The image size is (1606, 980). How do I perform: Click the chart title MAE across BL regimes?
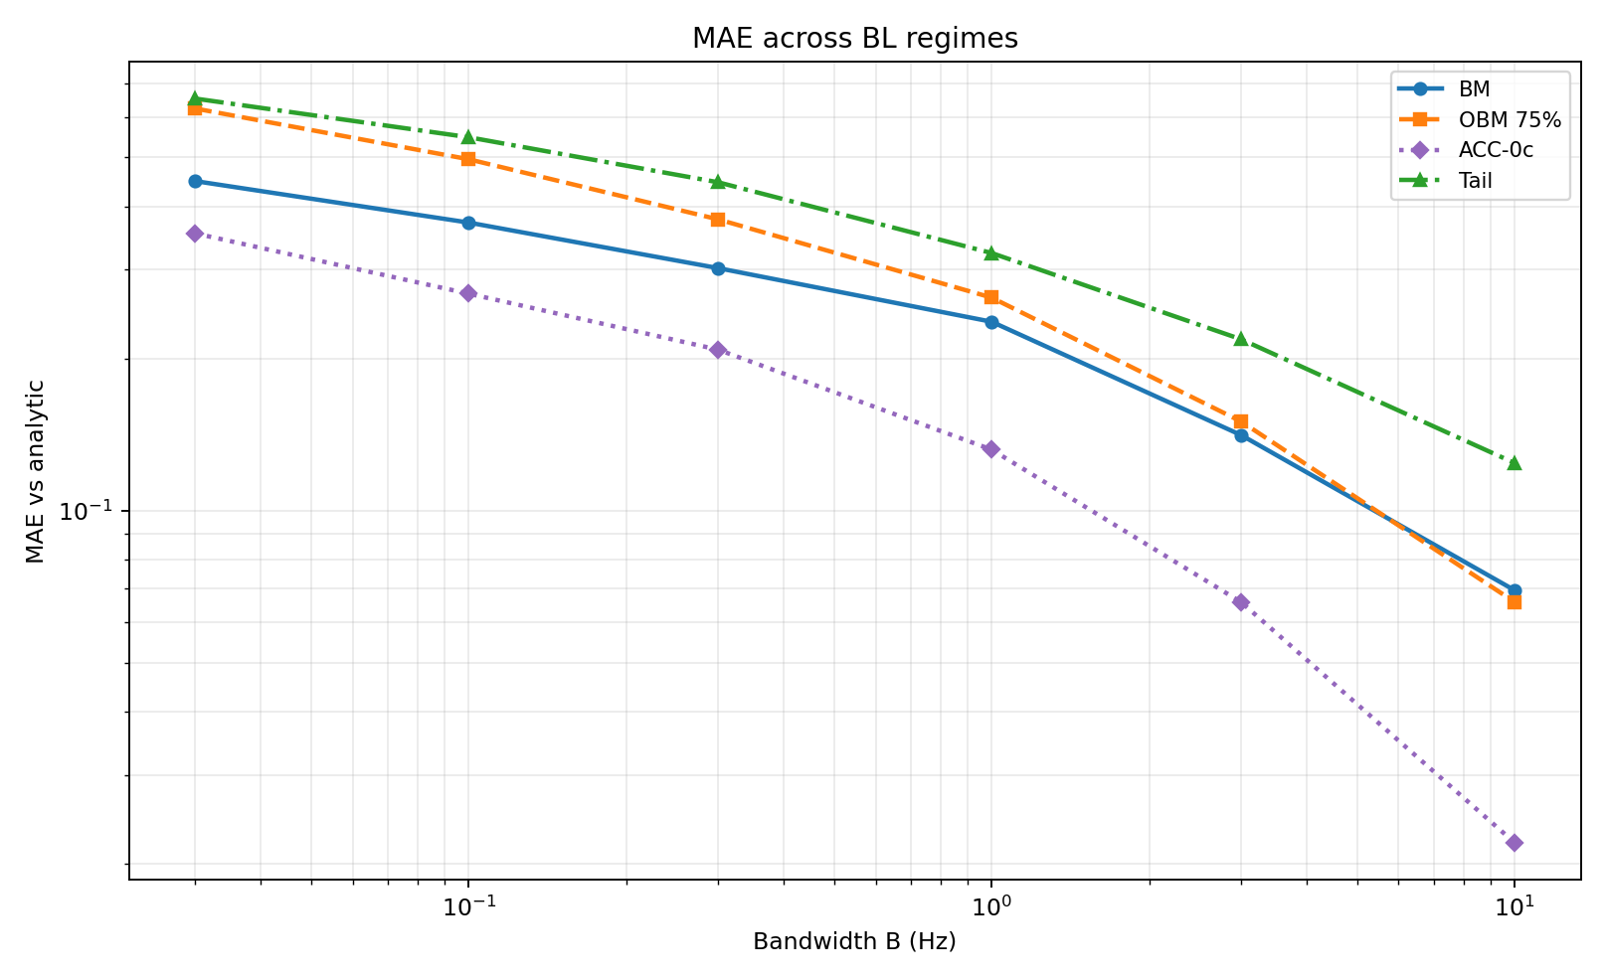(854, 39)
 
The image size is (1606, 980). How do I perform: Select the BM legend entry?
(1474, 88)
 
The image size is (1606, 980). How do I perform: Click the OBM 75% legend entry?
(1510, 119)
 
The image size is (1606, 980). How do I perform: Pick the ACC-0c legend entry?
(1496, 150)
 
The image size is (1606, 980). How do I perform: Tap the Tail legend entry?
(1475, 181)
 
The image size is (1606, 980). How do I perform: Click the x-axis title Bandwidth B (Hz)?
(854, 941)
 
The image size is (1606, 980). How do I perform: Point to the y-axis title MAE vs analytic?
(36, 471)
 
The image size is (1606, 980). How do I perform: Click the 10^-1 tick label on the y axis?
(88, 512)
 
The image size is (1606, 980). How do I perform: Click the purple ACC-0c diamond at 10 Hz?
(1515, 843)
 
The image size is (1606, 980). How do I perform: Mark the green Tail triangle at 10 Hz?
(1515, 463)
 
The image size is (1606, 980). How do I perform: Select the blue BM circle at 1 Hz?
(991, 322)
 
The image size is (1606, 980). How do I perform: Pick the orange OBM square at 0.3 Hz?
(718, 220)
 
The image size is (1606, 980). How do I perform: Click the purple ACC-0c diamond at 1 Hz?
(991, 449)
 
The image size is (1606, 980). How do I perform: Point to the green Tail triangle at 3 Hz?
(1241, 339)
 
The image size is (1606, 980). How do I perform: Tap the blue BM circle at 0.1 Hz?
(468, 223)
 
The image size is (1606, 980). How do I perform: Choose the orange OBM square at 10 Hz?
(1515, 602)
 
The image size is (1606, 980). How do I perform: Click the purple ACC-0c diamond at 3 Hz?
(1241, 602)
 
